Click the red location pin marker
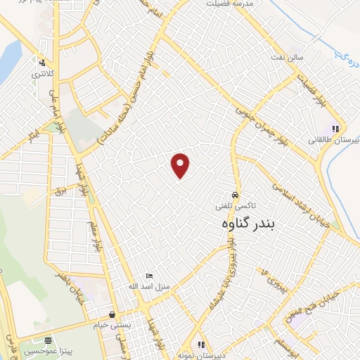pyautogui.click(x=181, y=165)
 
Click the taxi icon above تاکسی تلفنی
pyautogui.click(x=235, y=195)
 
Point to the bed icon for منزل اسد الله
pyautogui.click(x=148, y=276)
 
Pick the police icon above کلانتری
pyautogui.click(x=44, y=62)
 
